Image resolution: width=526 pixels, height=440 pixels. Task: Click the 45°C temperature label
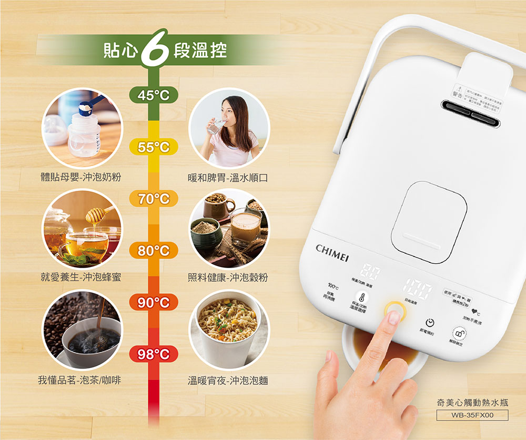tap(154, 95)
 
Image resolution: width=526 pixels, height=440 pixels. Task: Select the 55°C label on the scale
tap(154, 148)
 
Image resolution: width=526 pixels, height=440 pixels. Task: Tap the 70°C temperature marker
tap(154, 199)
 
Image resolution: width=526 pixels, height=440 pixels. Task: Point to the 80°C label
tap(154, 251)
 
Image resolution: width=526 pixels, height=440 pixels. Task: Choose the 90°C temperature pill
tap(154, 302)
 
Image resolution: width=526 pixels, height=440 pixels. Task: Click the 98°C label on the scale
tap(154, 354)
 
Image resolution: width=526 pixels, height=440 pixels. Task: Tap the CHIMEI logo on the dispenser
tap(332, 249)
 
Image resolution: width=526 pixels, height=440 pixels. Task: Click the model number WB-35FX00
tap(472, 415)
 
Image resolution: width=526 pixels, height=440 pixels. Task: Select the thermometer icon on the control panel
tap(361, 298)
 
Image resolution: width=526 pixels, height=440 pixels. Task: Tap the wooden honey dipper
tap(97, 213)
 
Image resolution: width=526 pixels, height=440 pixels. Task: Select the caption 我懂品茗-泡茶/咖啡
tap(79, 380)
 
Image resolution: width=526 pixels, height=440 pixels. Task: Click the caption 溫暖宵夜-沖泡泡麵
tap(228, 380)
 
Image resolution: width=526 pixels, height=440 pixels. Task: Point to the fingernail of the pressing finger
tap(393, 317)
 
